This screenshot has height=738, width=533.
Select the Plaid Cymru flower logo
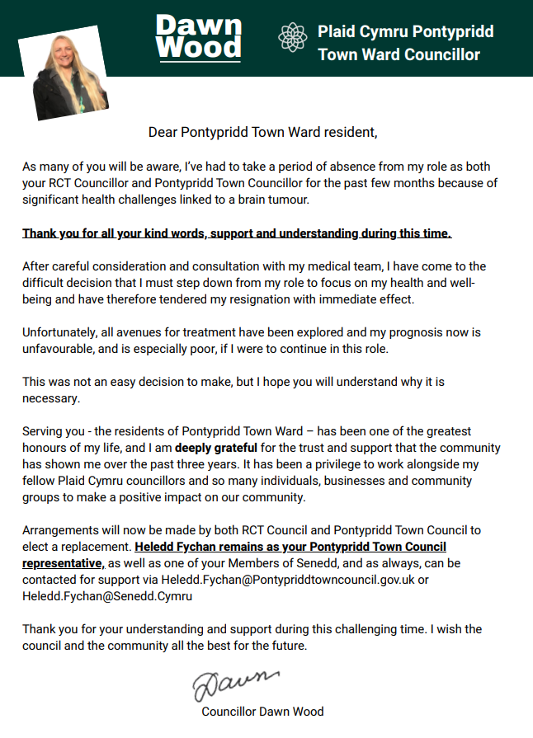coord(292,38)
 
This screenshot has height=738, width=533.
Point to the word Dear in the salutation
coord(163,131)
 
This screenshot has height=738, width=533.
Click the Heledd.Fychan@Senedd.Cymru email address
coord(107,595)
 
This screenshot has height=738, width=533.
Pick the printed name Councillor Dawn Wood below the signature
coord(262,711)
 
